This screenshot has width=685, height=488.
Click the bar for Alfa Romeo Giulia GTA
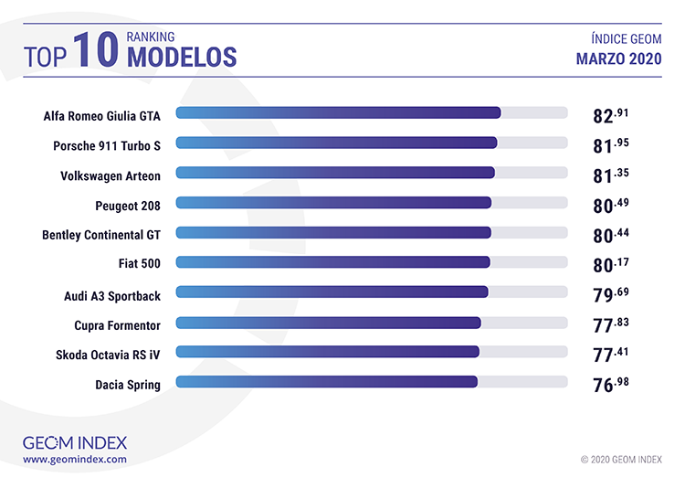(x=338, y=113)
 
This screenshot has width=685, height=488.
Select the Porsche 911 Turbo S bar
(x=336, y=143)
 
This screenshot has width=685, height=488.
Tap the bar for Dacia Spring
(x=326, y=381)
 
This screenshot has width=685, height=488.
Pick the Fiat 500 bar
(x=332, y=262)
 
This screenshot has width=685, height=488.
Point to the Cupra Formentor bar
(x=328, y=322)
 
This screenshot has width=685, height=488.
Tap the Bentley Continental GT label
(x=101, y=235)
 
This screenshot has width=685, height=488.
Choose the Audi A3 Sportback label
(x=112, y=295)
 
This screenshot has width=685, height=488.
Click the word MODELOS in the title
(x=182, y=57)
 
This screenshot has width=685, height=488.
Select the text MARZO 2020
(x=619, y=58)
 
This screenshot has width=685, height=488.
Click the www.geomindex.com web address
(x=75, y=460)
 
